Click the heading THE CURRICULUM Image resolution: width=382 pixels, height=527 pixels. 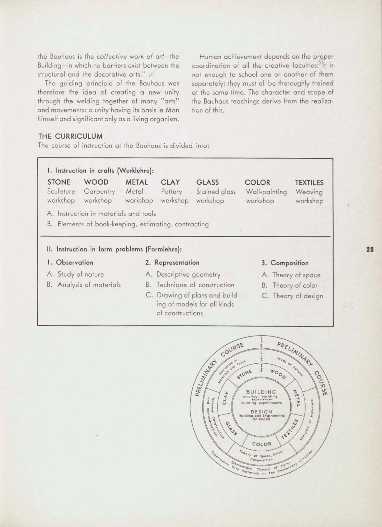pyautogui.click(x=70, y=136)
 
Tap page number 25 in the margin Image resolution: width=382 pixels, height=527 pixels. pyautogui.click(x=370, y=249)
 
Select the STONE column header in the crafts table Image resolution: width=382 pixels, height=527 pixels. pyautogui.click(x=59, y=182)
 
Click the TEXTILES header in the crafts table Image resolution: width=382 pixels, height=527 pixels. pyautogui.click(x=309, y=183)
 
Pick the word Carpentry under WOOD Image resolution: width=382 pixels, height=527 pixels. pyautogui.click(x=99, y=192)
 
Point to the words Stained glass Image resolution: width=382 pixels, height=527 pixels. pyautogui.click(x=216, y=192)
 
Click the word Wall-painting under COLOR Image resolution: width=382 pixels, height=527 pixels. pyautogui.click(x=266, y=192)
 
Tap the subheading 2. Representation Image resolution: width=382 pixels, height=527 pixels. pyautogui.click(x=172, y=263)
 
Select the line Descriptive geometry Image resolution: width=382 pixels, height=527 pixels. pyautogui.click(x=188, y=274)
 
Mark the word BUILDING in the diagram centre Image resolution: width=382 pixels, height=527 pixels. pyautogui.click(x=261, y=392)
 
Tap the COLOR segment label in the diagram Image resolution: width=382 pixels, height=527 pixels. pyautogui.click(x=262, y=444)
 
